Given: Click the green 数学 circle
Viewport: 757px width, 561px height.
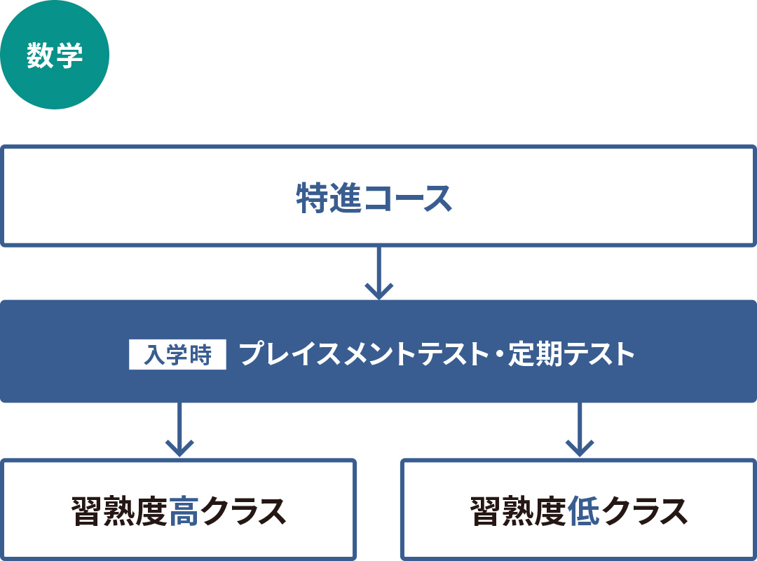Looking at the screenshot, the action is pos(55,55).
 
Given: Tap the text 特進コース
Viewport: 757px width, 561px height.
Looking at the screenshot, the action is pos(374,198).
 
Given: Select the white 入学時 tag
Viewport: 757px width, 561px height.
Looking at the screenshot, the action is pos(177,355).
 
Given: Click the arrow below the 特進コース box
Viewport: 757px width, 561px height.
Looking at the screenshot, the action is pos(379,273).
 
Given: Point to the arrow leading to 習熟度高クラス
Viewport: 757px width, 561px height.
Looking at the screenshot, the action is pos(179,429).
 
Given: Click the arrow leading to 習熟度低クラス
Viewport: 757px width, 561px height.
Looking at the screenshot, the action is pos(580,429).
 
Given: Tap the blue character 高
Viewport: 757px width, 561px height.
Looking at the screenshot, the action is pos(184,511).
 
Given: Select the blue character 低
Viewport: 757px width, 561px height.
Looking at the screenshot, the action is pos(583,511).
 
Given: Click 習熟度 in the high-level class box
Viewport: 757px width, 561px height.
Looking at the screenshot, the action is pos(119,511).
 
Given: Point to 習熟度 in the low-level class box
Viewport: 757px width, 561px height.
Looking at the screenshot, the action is pos(519,511).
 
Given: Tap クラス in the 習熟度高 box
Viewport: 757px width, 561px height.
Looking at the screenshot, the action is pos(243,511).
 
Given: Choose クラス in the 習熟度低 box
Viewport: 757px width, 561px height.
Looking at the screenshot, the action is pos(643,511).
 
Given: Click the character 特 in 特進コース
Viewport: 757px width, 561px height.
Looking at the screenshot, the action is pos(312,198).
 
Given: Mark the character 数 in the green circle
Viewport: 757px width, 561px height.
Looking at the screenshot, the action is pos(40,55).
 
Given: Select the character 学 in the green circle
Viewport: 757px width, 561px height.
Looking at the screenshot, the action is pos(69,55).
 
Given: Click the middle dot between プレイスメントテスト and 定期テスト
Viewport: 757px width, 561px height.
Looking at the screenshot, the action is pos(499,355).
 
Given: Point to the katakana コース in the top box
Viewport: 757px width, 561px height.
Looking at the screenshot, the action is pos(408,198).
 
